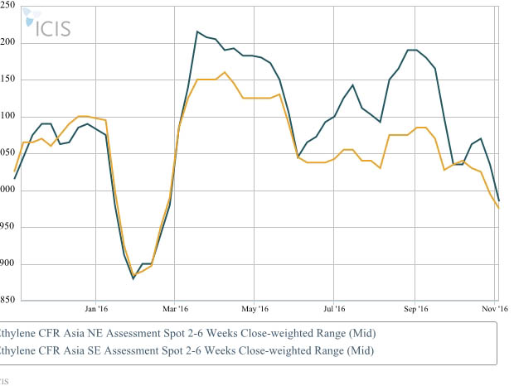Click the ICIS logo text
[51, 27]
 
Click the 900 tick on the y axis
[7, 265]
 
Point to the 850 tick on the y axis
[7, 300]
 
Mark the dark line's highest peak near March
[197, 32]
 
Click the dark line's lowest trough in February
[133, 278]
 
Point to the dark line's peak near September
[410, 50]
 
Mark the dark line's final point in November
[499, 200]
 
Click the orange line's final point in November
[499, 209]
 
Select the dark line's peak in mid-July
[352, 84]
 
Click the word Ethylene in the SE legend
[18, 350]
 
